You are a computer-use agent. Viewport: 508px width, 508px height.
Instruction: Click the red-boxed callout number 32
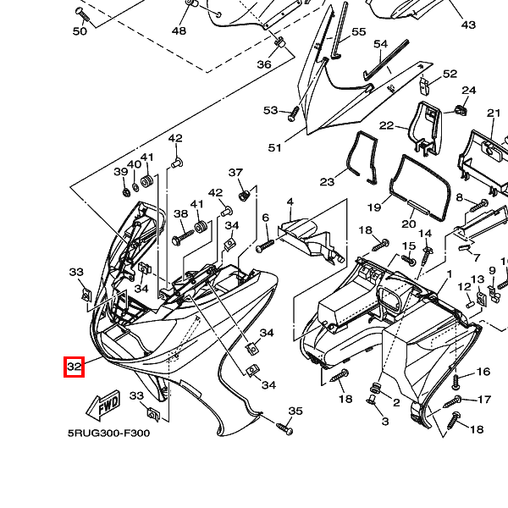coord(75,367)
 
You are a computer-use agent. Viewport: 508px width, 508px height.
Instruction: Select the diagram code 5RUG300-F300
coord(108,433)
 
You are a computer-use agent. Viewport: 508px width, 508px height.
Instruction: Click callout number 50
coord(80,31)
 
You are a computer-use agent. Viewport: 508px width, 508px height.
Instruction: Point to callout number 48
coord(179,30)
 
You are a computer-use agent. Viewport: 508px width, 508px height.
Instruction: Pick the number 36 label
coord(264,64)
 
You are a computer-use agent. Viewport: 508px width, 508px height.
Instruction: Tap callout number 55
coord(359,32)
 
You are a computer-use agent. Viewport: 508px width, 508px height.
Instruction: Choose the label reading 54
coord(380,44)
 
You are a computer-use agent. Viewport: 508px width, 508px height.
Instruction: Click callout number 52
coord(450,75)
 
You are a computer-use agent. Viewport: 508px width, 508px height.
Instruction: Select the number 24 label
coord(468,91)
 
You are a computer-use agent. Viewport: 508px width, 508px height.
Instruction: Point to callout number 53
coord(270,111)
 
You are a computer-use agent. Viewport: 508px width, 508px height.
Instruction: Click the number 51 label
coord(274,148)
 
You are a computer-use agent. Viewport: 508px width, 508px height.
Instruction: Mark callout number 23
coord(327,182)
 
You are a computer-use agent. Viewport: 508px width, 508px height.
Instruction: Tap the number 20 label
coord(409,224)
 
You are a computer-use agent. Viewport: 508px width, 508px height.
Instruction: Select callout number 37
coord(235,173)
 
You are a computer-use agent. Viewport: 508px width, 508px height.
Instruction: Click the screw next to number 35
coord(284,429)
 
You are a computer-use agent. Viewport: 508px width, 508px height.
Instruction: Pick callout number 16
coord(483,372)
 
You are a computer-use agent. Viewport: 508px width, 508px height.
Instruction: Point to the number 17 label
coord(485,400)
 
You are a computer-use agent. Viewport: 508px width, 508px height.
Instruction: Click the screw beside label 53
coord(293,112)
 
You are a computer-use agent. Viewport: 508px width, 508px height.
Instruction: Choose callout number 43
coord(468,25)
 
